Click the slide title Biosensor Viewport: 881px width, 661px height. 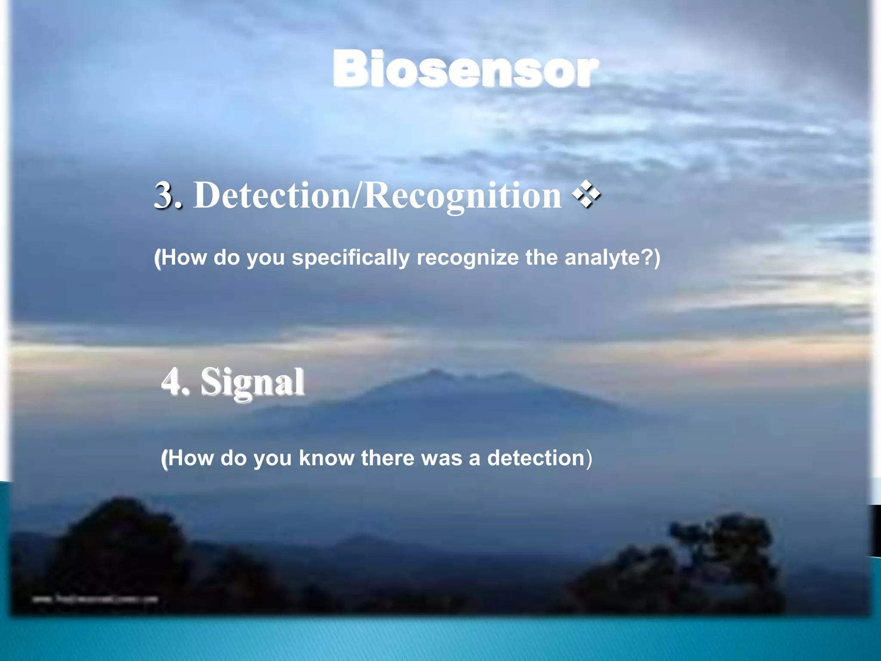pos(465,69)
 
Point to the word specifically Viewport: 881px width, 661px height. pos(351,258)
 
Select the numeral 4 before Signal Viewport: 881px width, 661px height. pos(172,382)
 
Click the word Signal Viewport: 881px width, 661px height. pos(253,382)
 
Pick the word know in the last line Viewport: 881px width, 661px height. pos(327,458)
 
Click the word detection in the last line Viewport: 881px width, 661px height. pos(536,458)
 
